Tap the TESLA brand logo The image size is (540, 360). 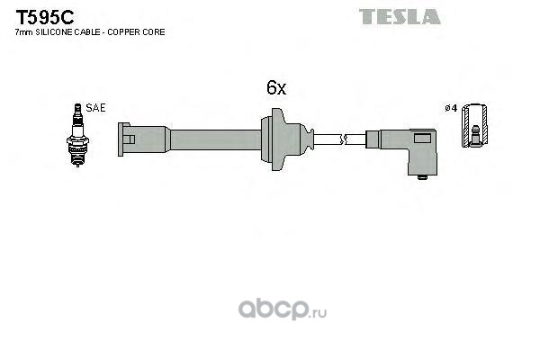[x=400, y=16]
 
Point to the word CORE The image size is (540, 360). [x=154, y=32]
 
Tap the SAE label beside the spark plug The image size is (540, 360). [x=96, y=107]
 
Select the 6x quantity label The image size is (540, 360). [x=275, y=88]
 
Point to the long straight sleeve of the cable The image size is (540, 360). [x=216, y=139]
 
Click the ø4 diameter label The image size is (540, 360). [x=451, y=108]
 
